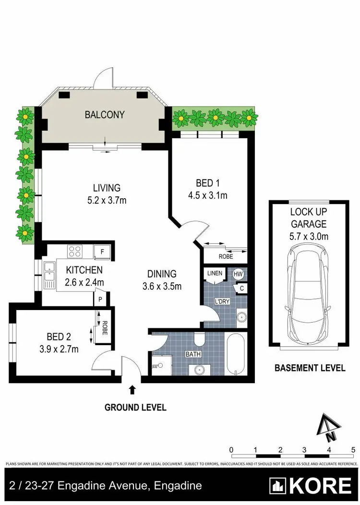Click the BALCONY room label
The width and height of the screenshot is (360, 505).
[x=105, y=115]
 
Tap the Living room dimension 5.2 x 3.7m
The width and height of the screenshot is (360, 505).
[x=107, y=200]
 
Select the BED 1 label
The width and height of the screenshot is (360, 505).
[x=207, y=183]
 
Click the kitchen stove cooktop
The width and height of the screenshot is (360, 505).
[x=75, y=251]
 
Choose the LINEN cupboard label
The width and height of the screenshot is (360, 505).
[x=215, y=274]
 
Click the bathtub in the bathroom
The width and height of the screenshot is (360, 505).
[x=236, y=355]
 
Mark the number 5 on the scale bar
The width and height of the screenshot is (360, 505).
[x=353, y=450]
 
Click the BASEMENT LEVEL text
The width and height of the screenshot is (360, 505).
[x=310, y=368]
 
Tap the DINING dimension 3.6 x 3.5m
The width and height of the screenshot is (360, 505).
[x=162, y=287]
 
